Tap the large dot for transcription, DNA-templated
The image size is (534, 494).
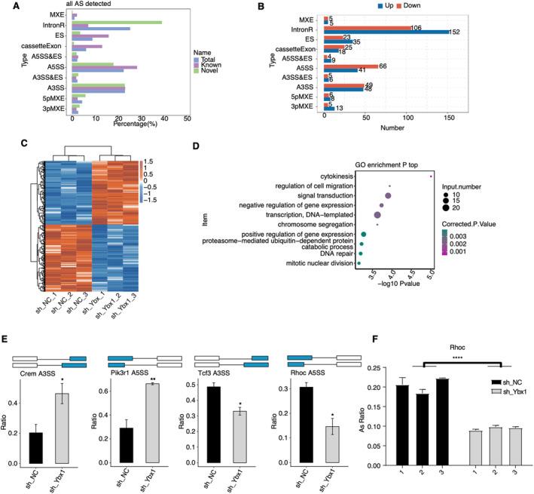coord(377,215)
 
